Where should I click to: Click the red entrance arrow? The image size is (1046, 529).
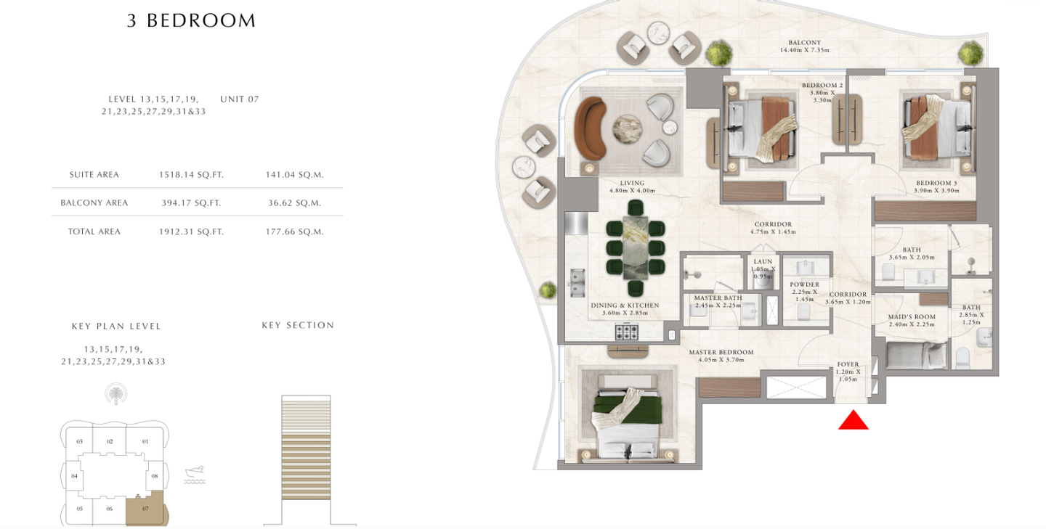pos(853,420)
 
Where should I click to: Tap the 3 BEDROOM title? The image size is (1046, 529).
pos(192,20)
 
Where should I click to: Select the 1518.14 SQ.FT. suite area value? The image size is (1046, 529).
pos(192,175)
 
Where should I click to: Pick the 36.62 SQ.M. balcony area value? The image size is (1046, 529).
pos(295,203)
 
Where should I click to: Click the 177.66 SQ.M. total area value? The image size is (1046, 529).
pos(295,232)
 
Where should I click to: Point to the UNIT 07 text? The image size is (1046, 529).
pos(240,99)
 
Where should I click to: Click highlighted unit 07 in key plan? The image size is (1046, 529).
pos(146,508)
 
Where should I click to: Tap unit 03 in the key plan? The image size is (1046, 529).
pos(79,441)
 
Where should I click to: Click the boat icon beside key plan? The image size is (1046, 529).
pos(195,475)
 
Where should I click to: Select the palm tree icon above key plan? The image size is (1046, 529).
pos(115,394)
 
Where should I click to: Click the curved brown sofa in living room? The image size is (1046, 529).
pos(591,128)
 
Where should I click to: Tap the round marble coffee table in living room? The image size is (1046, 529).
pos(627,128)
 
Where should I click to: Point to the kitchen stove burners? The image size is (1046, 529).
pos(626,332)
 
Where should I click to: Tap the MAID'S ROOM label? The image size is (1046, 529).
pos(912,316)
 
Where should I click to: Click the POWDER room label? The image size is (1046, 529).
pos(804,284)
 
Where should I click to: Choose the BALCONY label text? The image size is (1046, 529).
pos(805,42)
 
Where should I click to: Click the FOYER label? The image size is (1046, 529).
pos(848,364)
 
